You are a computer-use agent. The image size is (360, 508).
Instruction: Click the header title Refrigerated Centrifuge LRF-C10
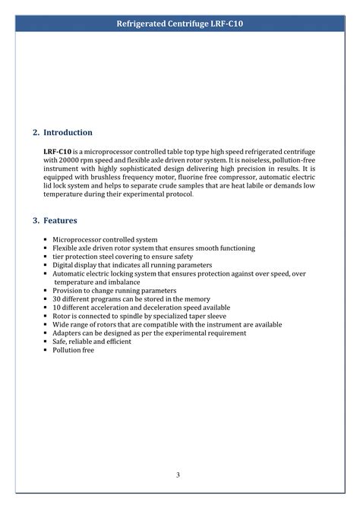180,24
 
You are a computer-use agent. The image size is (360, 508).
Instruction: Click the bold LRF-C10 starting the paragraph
58,152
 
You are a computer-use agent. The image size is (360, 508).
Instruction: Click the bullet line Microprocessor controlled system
105,239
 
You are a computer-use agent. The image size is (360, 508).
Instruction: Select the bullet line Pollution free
73,350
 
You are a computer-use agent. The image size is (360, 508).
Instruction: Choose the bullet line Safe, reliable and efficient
92,342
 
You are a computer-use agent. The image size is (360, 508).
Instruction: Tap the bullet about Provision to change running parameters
114,291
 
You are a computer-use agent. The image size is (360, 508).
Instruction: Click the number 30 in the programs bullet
56,299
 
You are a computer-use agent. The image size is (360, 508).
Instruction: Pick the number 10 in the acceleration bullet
56,308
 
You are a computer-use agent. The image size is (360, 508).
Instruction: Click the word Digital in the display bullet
64,265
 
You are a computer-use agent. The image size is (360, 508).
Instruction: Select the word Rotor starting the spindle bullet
62,316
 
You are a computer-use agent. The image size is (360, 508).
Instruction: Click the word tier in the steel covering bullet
58,257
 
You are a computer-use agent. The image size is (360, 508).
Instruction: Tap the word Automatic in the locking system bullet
70,273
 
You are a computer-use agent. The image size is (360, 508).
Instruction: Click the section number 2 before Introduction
36,132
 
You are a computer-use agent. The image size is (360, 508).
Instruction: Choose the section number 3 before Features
36,220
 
